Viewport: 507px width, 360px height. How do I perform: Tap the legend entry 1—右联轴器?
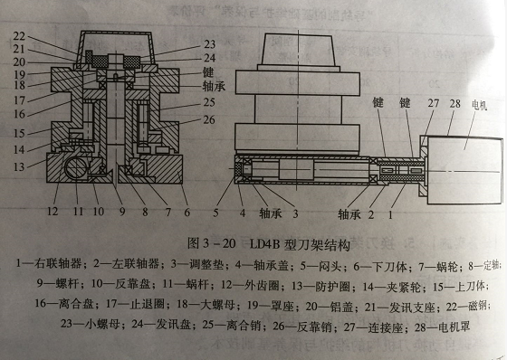pos(41,262)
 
